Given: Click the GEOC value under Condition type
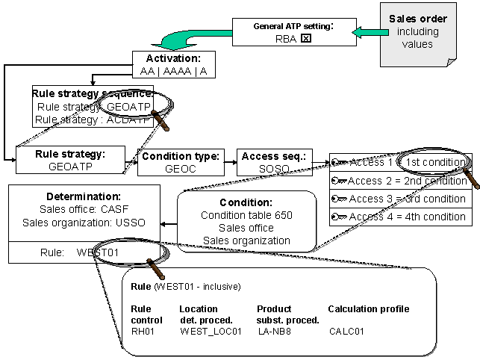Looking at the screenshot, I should (179, 169).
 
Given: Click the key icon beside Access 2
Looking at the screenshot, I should (339, 181).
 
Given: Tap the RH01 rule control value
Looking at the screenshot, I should (142, 331).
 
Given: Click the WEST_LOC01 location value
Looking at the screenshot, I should (206, 331).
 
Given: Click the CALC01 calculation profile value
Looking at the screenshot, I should (346, 331).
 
